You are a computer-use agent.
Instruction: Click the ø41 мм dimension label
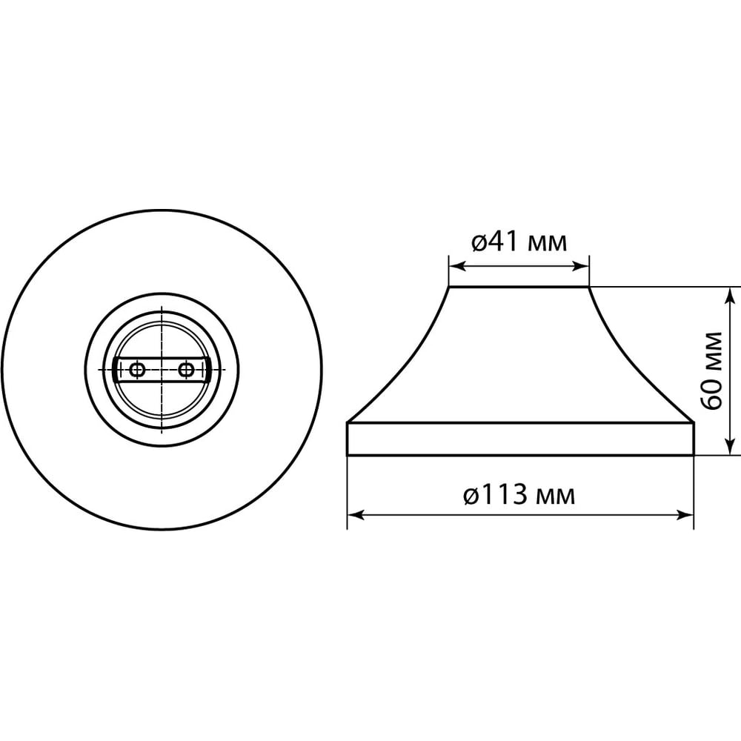point(519,242)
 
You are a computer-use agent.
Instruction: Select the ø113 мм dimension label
point(519,495)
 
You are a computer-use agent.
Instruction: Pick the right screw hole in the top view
point(186,370)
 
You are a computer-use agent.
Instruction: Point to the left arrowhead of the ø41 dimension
point(457,267)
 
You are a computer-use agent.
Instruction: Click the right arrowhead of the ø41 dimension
point(580,267)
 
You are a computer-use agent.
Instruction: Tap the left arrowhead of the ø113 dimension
point(356,515)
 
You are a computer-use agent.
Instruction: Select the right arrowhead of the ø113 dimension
point(685,515)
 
